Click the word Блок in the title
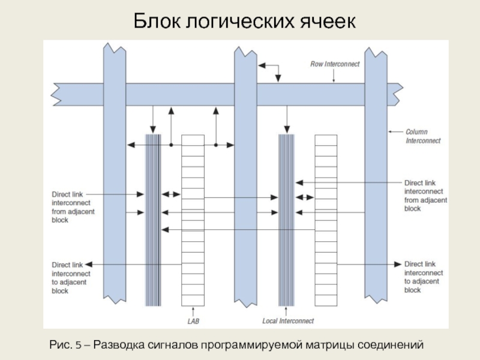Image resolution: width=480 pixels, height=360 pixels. (x=157, y=21)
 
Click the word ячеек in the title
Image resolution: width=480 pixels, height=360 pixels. (x=328, y=22)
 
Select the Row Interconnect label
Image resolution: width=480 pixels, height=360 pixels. (x=335, y=64)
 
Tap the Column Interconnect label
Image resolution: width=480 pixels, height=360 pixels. (x=423, y=136)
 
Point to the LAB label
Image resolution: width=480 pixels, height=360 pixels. (x=193, y=321)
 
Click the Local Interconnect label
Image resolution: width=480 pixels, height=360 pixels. (x=288, y=321)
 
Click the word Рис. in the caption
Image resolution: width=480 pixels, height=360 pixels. (x=61, y=345)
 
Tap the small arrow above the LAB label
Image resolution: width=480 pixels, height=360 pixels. (x=193, y=311)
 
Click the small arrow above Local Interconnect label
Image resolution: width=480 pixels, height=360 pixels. (x=286, y=311)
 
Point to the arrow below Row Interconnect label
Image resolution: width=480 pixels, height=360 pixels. (x=334, y=76)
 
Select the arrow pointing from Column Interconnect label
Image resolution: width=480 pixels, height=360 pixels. (x=396, y=131)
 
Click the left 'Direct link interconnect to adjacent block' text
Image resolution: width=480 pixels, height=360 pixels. (x=71, y=278)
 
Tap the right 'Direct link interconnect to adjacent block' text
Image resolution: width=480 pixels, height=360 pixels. (x=424, y=277)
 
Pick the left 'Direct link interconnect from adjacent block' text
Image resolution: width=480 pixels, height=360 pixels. (x=73, y=207)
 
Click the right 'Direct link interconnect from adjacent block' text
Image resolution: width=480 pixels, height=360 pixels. (x=425, y=196)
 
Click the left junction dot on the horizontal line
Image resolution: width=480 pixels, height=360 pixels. (x=171, y=145)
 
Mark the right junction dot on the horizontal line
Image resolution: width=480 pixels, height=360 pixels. (x=216, y=145)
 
